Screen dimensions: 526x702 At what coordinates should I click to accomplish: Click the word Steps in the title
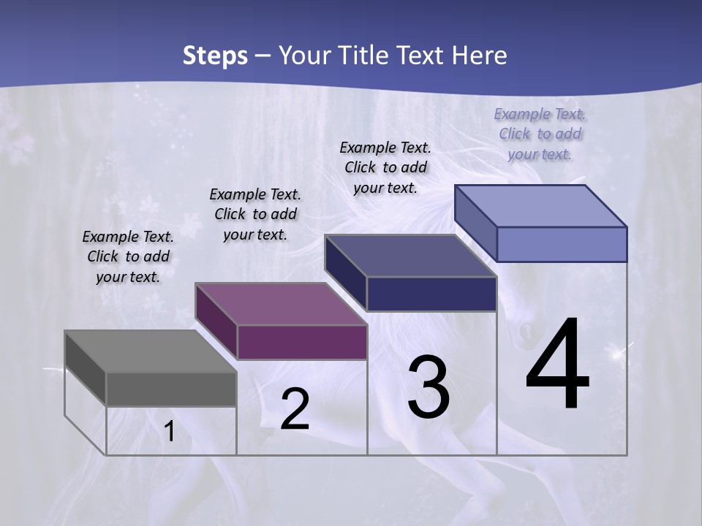(x=215, y=56)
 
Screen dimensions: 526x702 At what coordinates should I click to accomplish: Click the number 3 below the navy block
(x=429, y=387)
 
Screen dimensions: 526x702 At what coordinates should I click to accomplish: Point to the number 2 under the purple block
(x=295, y=409)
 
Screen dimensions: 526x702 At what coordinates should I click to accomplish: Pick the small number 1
(x=169, y=432)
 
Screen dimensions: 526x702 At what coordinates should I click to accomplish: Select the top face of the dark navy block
(x=410, y=256)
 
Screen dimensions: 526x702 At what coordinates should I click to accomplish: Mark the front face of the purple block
(x=302, y=342)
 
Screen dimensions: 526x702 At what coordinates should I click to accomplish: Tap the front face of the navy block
(x=431, y=294)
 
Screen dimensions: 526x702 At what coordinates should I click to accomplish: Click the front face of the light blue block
(x=562, y=244)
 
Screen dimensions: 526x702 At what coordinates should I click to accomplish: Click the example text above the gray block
(x=128, y=256)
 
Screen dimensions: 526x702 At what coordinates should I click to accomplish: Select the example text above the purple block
(x=255, y=214)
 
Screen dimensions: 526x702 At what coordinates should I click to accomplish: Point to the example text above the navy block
(x=385, y=167)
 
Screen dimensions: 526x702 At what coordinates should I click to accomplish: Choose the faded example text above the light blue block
(x=540, y=134)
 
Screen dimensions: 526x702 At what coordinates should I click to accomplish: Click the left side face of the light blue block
(x=475, y=223)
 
